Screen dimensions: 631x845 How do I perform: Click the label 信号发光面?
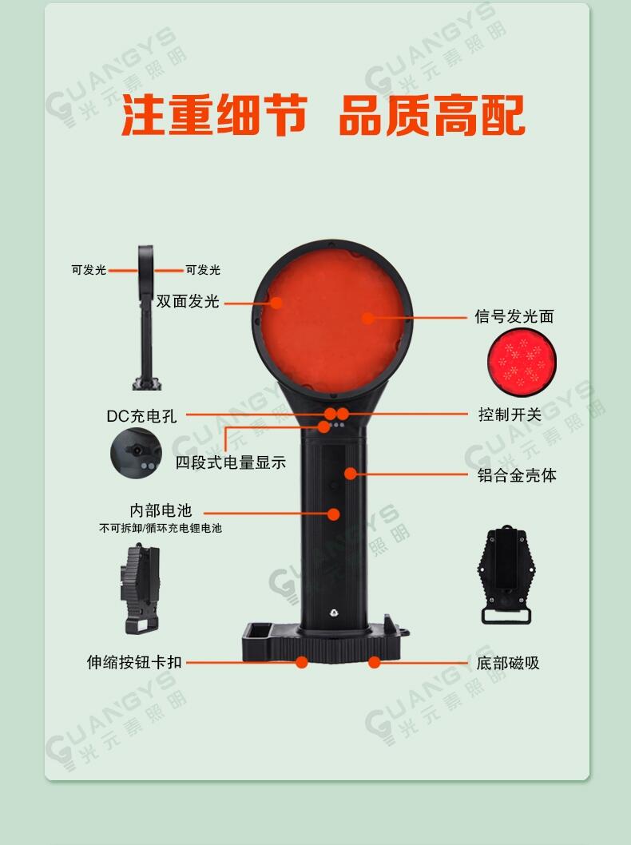[514, 316]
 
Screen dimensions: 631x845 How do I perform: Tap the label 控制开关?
[510, 415]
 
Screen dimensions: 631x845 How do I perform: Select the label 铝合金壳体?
[517, 475]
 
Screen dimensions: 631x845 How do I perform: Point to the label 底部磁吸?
[508, 663]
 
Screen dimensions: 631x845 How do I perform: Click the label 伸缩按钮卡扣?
[134, 662]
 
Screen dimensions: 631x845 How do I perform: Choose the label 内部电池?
[161, 510]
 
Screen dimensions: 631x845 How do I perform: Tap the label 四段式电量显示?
[231, 462]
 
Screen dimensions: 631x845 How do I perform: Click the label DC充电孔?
[141, 416]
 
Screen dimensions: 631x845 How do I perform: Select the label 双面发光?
[188, 301]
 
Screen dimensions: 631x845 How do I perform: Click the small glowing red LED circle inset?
[522, 362]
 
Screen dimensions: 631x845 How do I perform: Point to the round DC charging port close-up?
[136, 453]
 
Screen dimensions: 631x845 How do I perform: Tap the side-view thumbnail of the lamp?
[146, 318]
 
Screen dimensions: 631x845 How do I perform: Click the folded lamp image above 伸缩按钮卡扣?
[141, 589]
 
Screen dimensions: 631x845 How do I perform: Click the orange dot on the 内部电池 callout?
[334, 514]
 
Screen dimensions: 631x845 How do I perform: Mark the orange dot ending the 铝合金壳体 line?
[351, 474]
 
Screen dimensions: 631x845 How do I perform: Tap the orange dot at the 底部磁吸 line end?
[374, 662]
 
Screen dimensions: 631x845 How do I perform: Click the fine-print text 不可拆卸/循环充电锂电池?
[161, 529]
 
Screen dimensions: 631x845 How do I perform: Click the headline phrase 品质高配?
[432, 116]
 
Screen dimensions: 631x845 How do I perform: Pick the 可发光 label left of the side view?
[89, 270]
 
